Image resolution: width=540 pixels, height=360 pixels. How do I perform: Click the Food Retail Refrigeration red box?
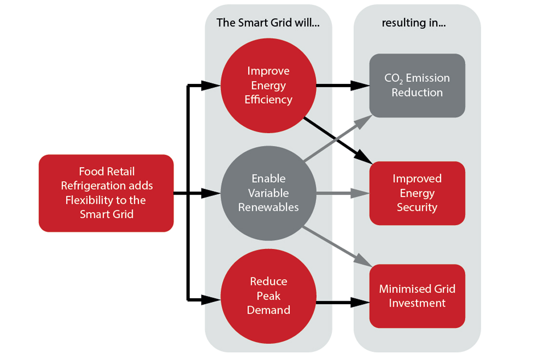[106, 193]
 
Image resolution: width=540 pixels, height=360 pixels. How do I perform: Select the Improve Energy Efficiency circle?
[269, 85]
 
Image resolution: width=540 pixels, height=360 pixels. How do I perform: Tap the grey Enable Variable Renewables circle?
[269, 193]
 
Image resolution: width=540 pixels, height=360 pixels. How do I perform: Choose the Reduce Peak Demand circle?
[269, 296]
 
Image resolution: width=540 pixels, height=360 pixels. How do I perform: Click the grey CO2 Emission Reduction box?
[417, 85]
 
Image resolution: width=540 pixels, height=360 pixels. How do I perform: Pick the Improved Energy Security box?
[417, 193]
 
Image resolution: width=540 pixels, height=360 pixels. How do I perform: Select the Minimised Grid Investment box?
[417, 296]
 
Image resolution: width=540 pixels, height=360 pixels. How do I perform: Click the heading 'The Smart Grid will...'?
[268, 23]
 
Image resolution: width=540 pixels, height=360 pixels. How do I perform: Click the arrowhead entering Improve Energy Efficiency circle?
[211, 86]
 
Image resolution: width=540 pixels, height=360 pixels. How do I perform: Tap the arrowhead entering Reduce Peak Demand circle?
[211, 300]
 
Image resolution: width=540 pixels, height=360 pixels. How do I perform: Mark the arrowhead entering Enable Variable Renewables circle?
[211, 193]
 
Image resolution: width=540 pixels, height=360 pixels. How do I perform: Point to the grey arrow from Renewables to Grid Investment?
[337, 246]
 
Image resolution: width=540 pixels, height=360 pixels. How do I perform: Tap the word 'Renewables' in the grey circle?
[269, 207]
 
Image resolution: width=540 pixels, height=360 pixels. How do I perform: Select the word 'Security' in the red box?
[417, 207]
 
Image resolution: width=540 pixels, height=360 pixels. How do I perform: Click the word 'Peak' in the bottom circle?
[269, 296]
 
